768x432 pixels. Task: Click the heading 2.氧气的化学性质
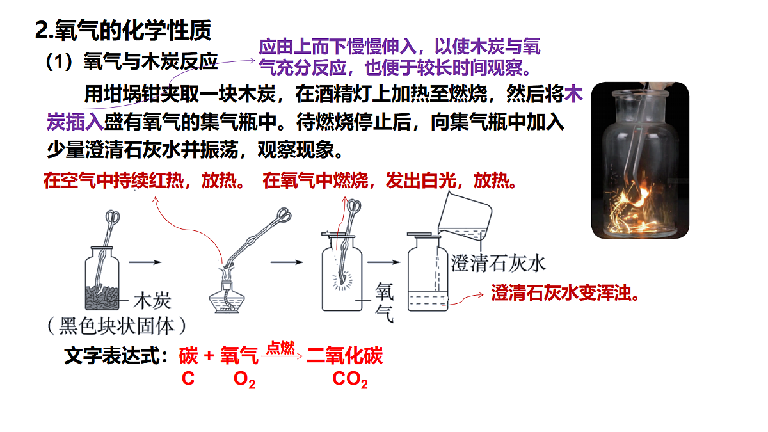click(124, 30)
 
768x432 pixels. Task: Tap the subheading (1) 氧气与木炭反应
click(132, 61)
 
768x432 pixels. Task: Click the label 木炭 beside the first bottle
click(152, 300)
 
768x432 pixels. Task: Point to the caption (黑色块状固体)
click(117, 326)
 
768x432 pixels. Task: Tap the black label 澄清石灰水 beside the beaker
click(498, 264)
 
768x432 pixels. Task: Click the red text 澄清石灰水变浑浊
click(564, 293)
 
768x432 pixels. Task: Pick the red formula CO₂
click(350, 380)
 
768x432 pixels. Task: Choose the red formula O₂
click(244, 380)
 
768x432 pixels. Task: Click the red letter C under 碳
click(188, 378)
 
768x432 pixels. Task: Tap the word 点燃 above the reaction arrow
click(281, 348)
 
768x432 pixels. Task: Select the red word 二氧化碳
click(344, 355)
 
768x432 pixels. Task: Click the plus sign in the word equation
click(209, 356)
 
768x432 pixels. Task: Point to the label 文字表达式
click(116, 355)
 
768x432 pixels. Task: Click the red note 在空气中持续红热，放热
click(143, 180)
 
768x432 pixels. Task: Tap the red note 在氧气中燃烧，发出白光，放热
click(390, 180)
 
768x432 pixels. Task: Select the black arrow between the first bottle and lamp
click(145, 262)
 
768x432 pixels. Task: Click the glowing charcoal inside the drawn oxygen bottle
click(342, 280)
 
